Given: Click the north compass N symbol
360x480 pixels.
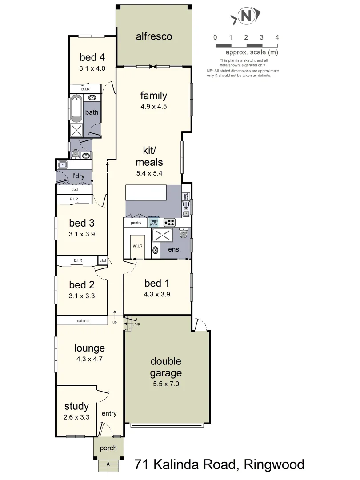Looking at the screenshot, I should (245, 17).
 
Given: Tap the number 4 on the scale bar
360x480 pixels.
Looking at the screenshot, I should (277, 37).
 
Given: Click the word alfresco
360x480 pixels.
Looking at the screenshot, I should (154, 36).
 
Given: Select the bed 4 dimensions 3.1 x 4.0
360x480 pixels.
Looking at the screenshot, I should (92, 68).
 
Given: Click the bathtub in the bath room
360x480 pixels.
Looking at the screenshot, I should (76, 108).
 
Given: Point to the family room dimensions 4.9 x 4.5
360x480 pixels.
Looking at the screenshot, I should (153, 107).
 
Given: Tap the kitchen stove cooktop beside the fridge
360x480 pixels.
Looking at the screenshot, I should (170, 223).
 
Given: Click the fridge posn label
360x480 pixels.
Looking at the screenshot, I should (153, 223).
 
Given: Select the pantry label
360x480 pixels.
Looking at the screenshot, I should (136, 223).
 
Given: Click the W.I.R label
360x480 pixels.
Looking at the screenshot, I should (136, 246).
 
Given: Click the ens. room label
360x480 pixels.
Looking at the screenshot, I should (174, 249).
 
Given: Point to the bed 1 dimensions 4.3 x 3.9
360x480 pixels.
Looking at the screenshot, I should (157, 294).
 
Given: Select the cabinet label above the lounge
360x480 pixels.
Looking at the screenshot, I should (82, 320).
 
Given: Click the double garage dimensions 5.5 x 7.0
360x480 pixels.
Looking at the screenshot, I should (165, 384).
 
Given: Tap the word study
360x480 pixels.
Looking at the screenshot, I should (76, 406).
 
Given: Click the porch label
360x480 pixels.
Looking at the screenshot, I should (108, 448).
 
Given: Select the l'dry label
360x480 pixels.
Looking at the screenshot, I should (78, 176).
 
